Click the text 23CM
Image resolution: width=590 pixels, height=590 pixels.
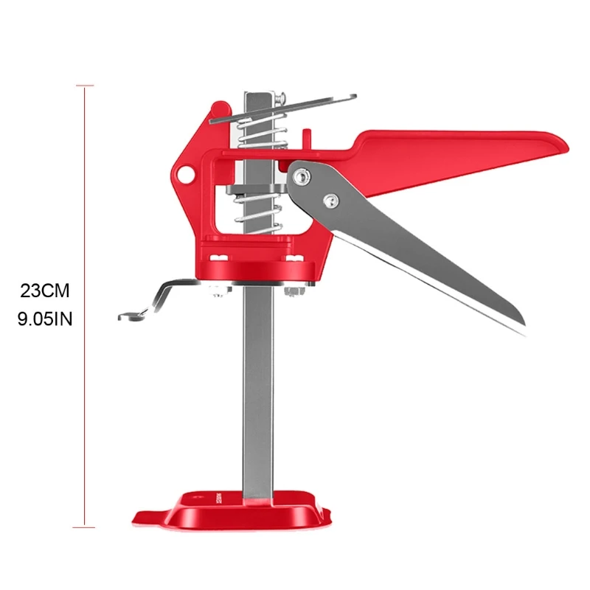pos(45,291)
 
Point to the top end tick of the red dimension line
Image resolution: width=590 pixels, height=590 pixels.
pos(85,86)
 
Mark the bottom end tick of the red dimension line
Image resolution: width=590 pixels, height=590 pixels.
pos(85,527)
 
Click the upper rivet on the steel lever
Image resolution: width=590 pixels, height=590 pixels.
pos(301,175)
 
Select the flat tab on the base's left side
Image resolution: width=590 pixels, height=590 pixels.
pos(144,516)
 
